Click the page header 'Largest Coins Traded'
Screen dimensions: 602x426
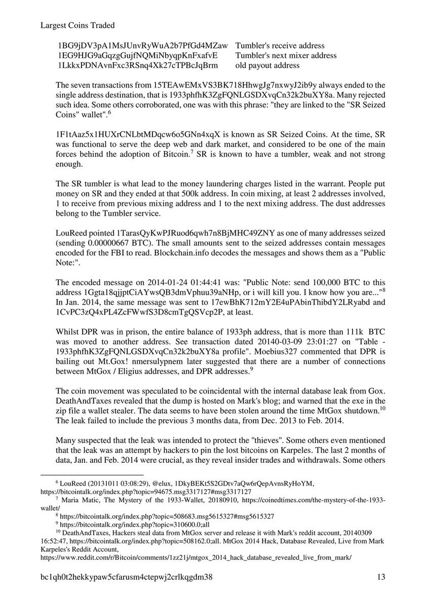click(76, 25)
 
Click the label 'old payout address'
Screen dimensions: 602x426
click(267, 65)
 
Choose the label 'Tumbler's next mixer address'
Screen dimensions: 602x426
click(286, 56)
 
